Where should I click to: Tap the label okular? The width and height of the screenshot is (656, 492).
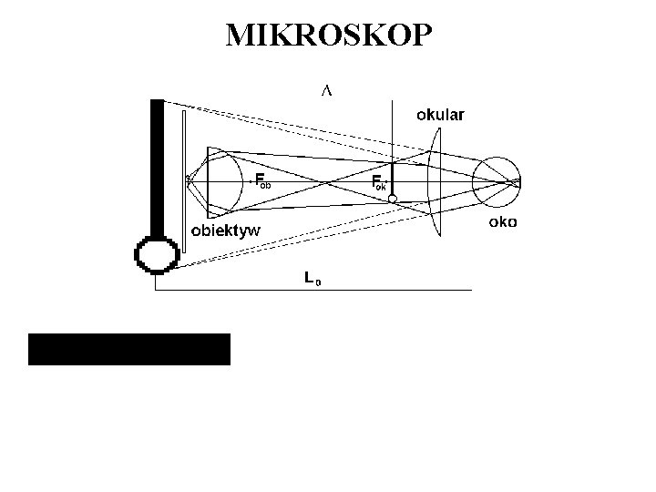(440, 115)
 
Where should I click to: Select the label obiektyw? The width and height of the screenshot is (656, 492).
(225, 231)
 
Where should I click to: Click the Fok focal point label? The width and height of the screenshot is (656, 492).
(380, 181)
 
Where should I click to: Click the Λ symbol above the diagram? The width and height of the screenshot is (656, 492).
(326, 90)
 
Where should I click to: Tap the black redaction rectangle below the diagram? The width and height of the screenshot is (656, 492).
(129, 349)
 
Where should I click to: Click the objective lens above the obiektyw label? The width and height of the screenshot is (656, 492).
(223, 181)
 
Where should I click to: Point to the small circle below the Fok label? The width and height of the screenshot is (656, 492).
(392, 199)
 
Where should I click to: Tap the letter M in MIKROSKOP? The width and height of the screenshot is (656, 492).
(240, 35)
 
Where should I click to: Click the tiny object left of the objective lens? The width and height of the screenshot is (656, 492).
(189, 179)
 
